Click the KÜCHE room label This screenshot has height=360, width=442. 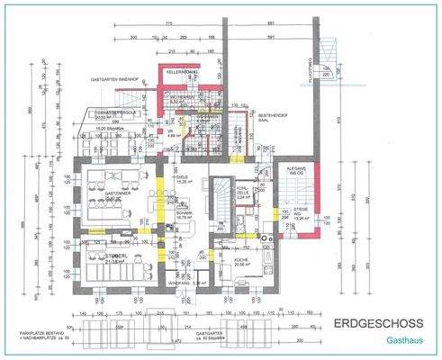[x=240, y=261]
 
